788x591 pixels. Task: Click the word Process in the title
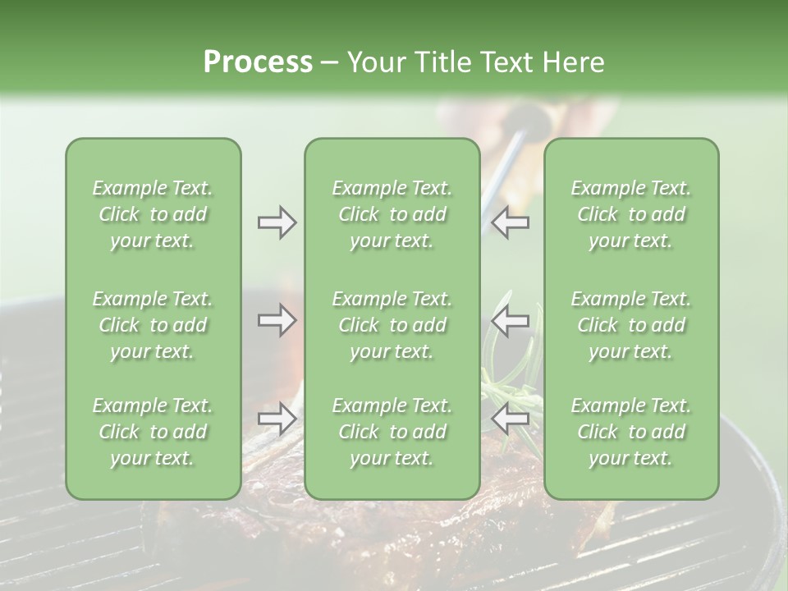258,62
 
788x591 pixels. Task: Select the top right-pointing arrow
277,222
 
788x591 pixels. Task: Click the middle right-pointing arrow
277,320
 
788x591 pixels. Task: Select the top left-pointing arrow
511,222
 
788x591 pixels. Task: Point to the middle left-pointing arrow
511,320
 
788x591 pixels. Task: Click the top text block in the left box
153,214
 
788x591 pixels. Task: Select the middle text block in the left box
153,325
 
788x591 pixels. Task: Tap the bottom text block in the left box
153,432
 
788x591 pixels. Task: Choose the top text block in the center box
392,214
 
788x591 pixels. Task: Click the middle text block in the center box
392,325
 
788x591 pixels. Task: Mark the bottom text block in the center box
392,432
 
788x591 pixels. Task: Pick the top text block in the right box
630,214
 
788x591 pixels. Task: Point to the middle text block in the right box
630,325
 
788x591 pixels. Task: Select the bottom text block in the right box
630,432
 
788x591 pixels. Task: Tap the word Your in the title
373,62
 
